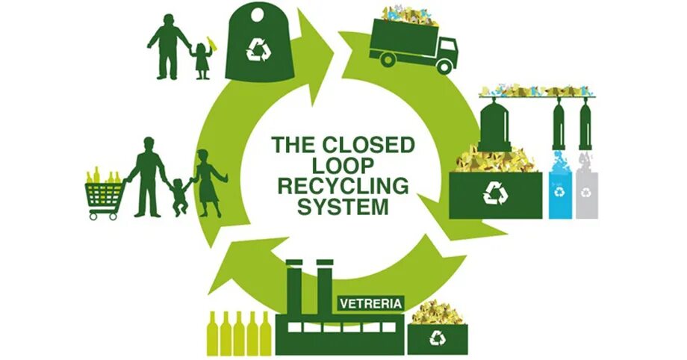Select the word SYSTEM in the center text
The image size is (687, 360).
(x=343, y=207)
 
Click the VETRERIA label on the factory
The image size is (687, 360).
(x=371, y=304)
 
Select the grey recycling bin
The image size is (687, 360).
(x=588, y=196)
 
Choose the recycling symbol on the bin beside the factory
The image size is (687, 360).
(x=437, y=340)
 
